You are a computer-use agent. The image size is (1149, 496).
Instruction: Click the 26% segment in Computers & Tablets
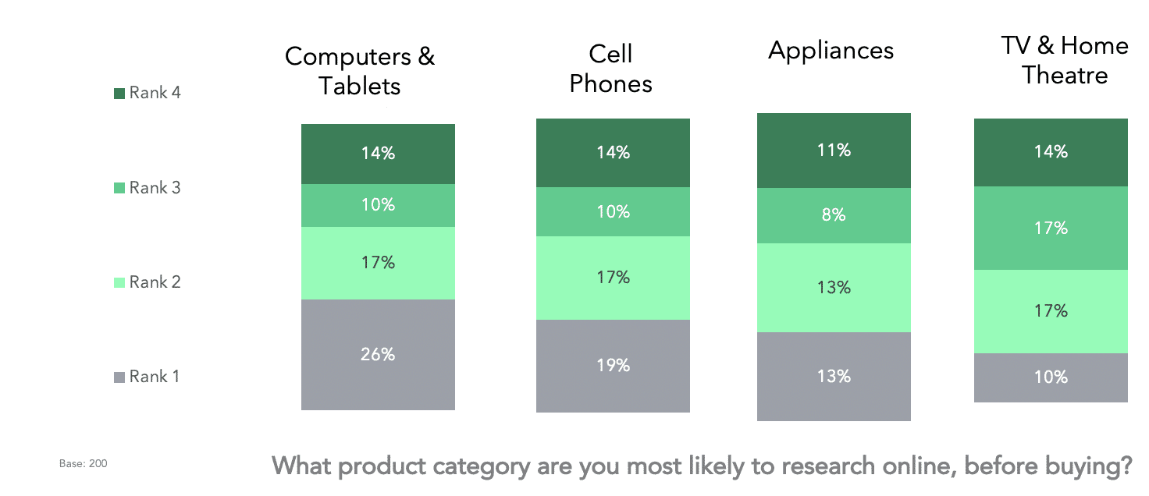(x=378, y=354)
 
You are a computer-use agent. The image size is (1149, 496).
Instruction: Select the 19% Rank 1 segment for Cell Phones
(x=613, y=365)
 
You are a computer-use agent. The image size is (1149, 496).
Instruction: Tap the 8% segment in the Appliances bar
(x=834, y=215)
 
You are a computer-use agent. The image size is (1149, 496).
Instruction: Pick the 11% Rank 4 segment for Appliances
(x=834, y=151)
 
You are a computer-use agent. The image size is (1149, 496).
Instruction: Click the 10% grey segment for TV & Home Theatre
(x=1051, y=377)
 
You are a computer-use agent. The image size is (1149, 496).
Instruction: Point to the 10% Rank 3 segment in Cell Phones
(x=613, y=211)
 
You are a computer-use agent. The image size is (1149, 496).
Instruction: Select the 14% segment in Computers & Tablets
(x=378, y=154)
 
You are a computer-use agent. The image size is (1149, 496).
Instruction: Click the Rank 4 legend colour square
(x=119, y=94)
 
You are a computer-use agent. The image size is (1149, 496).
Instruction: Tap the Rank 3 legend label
(x=155, y=188)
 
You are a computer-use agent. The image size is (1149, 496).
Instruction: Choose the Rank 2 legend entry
(x=148, y=282)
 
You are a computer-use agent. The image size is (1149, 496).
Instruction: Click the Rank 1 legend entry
(x=148, y=377)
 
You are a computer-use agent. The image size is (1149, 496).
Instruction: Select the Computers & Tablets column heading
(x=360, y=70)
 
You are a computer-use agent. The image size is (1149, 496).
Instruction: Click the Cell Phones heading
(x=610, y=69)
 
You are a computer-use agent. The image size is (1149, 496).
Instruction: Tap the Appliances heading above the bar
(x=831, y=51)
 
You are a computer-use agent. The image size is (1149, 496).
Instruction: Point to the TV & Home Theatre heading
(x=1065, y=60)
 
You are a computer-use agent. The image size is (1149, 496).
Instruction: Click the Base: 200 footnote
(x=83, y=464)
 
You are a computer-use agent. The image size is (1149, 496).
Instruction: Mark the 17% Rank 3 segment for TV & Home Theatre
(x=1051, y=228)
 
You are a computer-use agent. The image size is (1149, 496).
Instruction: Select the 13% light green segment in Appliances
(x=834, y=288)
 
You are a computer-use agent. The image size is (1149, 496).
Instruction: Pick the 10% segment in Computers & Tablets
(x=378, y=205)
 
